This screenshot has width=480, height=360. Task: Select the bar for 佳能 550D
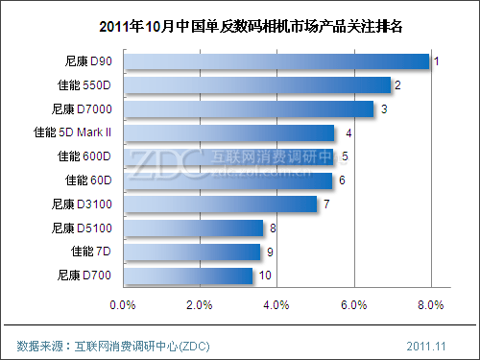(257, 85)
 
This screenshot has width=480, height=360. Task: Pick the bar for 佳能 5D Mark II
(228, 132)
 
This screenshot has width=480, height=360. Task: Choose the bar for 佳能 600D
(228, 156)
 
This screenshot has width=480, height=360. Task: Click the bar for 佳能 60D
(228, 180)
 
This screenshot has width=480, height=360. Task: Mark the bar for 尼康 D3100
(220, 204)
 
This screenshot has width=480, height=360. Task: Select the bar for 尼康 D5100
(193, 228)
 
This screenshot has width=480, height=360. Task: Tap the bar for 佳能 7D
(191, 252)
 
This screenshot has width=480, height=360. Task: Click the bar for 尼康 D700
(187, 276)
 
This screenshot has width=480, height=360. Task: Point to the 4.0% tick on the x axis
(276, 305)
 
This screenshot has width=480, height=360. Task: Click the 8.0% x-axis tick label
(430, 305)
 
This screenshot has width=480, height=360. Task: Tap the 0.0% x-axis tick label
(123, 305)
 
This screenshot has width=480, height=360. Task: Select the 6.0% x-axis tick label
(353, 305)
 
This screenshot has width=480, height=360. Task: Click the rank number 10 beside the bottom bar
(265, 276)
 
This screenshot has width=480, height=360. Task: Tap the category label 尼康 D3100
(84, 204)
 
